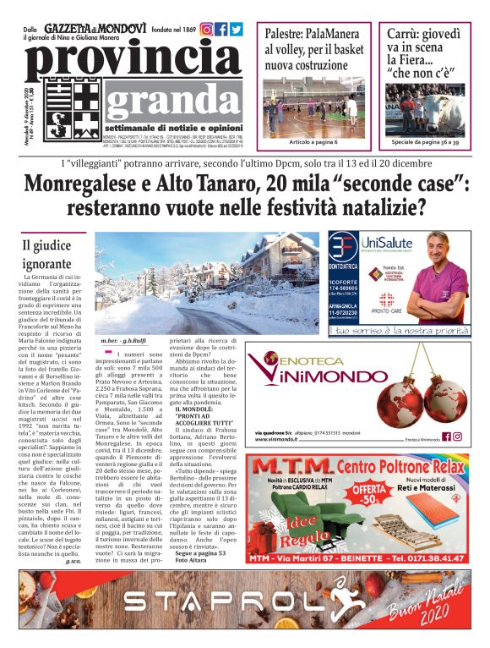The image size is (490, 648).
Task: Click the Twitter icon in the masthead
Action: point(237,29)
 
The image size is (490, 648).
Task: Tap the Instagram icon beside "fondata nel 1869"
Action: point(206,29)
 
